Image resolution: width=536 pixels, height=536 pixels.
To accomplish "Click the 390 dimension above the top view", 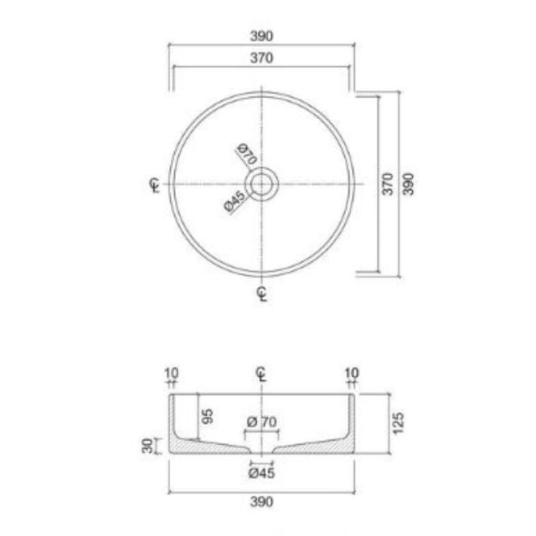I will pyautogui.click(x=262, y=37).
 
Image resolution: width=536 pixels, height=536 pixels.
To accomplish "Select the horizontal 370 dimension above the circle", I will pyautogui.click(x=262, y=58).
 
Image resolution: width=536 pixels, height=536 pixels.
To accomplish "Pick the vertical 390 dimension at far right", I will pyautogui.click(x=409, y=184).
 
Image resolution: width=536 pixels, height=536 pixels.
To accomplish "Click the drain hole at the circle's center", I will pyautogui.click(x=263, y=183).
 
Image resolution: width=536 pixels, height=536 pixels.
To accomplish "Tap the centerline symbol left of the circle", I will pyautogui.click(x=153, y=184).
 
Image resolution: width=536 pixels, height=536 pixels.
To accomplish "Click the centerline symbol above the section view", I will pyautogui.click(x=262, y=374).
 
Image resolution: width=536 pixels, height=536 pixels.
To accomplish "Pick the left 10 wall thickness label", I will pyautogui.click(x=172, y=373).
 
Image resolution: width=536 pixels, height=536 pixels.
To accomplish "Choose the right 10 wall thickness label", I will pyautogui.click(x=352, y=373).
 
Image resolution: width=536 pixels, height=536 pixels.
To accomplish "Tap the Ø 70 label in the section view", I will pyautogui.click(x=262, y=422).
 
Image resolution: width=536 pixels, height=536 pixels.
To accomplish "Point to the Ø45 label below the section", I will pyautogui.click(x=262, y=473).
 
